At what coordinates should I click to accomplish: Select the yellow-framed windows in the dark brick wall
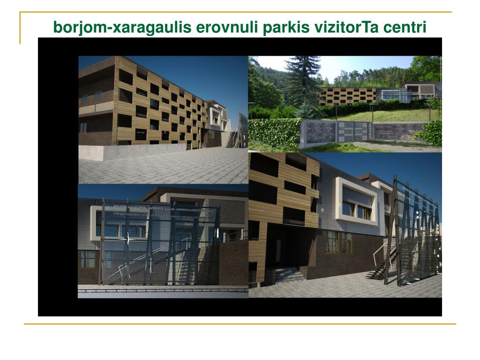point(338,242)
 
